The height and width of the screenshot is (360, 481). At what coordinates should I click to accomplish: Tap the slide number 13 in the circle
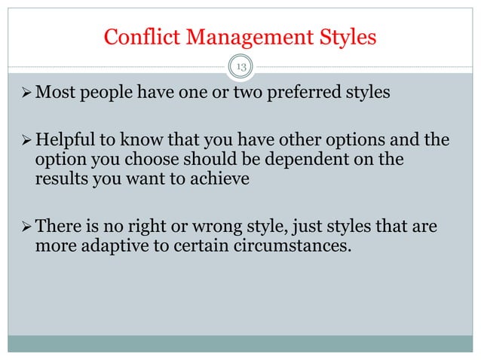tap(241, 68)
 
